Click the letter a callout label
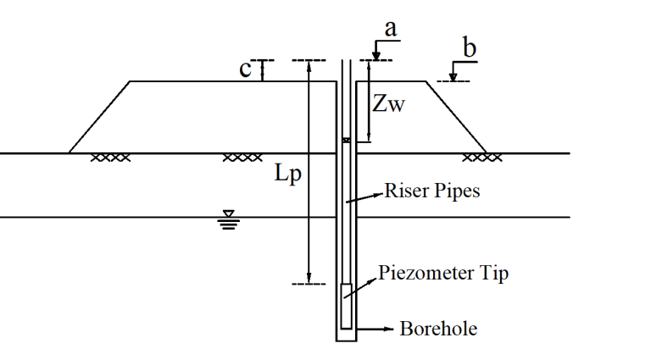391,29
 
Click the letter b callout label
469,47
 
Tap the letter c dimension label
245,69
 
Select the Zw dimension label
388,103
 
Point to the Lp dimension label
287,173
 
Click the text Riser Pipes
432,191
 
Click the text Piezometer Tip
443,274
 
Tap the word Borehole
438,329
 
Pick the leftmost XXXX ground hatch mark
110,158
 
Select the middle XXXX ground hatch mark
243,158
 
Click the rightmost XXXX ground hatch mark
482,158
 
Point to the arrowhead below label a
376,57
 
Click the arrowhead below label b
453,77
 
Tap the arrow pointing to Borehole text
375,330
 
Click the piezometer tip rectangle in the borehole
346,307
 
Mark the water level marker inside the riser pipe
346,141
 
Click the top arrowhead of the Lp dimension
309,66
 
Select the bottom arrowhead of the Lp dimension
309,279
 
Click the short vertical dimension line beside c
262,71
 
